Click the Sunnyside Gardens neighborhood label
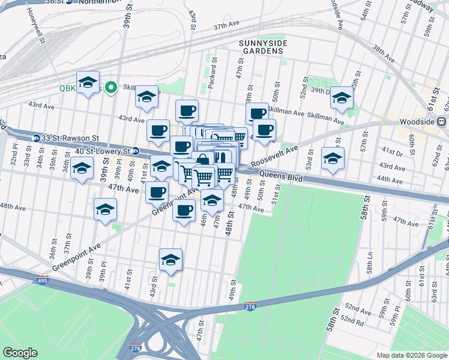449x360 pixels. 263,47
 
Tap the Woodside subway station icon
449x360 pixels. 441,121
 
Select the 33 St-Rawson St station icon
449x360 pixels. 37,138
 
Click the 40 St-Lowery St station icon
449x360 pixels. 136,151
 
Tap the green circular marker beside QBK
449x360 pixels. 110,88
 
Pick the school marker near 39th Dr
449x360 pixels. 342,97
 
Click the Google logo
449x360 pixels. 20,353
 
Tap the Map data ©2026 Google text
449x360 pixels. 411,355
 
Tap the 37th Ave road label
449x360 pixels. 226,26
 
